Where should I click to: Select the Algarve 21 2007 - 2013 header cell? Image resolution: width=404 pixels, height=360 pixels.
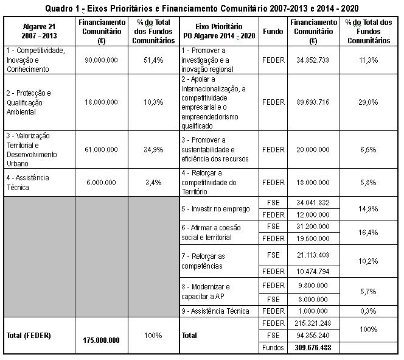38,32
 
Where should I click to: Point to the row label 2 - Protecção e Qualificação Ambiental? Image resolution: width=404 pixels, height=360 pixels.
37,102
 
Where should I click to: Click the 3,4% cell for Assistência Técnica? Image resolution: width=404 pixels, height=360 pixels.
154,182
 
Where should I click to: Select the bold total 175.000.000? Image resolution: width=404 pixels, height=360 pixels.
102,340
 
